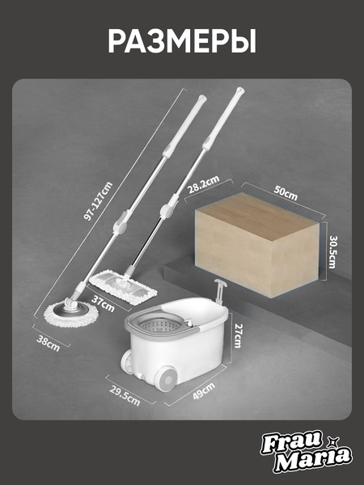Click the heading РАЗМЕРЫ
coord(182,42)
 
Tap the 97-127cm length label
coord(99,201)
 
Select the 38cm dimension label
coord(49,343)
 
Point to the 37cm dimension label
coord(103,303)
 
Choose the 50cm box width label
coord(286,193)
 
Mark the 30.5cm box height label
coord(332,252)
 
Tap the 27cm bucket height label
coord(238,335)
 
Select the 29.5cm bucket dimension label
coord(125,395)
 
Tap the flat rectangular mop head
coord(123,287)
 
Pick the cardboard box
coord(257,245)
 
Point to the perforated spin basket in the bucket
coord(159,327)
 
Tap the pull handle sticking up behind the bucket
coord(221,290)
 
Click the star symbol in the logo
coord(334,441)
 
